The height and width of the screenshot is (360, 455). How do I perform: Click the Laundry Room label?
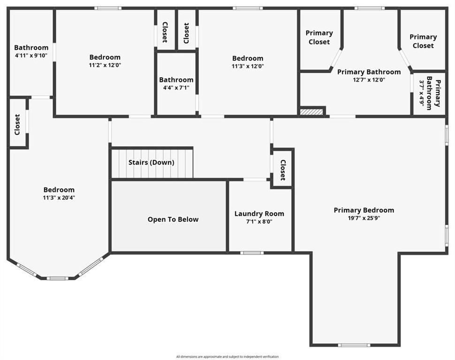pyautogui.click(x=259, y=214)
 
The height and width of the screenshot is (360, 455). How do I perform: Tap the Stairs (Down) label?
pyautogui.click(x=152, y=162)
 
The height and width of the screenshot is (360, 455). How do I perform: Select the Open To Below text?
pyautogui.click(x=173, y=219)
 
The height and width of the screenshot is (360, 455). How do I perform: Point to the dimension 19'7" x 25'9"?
pyautogui.click(x=364, y=218)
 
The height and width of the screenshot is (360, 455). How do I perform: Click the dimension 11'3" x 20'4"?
pyautogui.click(x=59, y=197)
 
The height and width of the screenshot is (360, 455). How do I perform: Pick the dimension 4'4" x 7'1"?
pyautogui.click(x=176, y=87)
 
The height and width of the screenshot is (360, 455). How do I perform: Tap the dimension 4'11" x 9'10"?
pyautogui.click(x=31, y=55)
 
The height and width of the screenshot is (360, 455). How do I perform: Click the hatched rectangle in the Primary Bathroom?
pyautogui.click(x=311, y=112)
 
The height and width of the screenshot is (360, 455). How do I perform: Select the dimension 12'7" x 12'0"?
pyautogui.click(x=369, y=80)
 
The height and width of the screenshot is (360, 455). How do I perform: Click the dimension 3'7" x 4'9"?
pyautogui.click(x=421, y=95)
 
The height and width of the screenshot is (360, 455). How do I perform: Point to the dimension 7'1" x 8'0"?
pyautogui.click(x=259, y=222)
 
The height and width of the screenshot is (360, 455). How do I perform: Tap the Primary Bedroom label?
pyautogui.click(x=364, y=210)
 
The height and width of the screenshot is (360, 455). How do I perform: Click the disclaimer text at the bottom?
pyautogui.click(x=227, y=357)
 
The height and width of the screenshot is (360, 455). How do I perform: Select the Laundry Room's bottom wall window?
pyautogui.click(x=252, y=253)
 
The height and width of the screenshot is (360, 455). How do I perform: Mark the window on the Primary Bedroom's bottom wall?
pyautogui.click(x=354, y=345)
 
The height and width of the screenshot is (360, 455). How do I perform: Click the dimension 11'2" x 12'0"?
pyautogui.click(x=105, y=65)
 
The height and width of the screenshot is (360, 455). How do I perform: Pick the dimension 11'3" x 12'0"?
pyautogui.click(x=248, y=66)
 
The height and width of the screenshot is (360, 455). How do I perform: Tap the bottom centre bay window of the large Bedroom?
pyautogui.click(x=57, y=278)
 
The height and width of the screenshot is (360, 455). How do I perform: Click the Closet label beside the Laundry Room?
pyautogui.click(x=283, y=170)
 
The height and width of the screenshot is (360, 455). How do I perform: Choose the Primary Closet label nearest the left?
pyautogui.click(x=319, y=37)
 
